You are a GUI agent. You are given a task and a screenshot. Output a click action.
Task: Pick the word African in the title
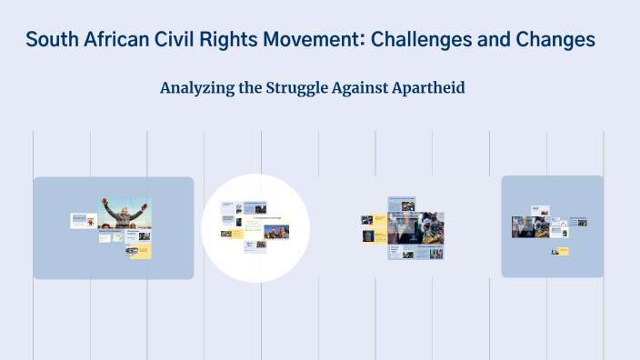[110, 40]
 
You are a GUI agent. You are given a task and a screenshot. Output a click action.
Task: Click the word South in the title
[50, 40]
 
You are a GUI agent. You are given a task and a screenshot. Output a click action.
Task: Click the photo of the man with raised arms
[125, 215]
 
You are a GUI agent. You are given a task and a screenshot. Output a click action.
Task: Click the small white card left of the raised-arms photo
[83, 220]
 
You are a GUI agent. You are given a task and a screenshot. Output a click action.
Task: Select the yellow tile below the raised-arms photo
[140, 250]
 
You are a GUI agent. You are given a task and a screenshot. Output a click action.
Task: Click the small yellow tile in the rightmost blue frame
[560, 251]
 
